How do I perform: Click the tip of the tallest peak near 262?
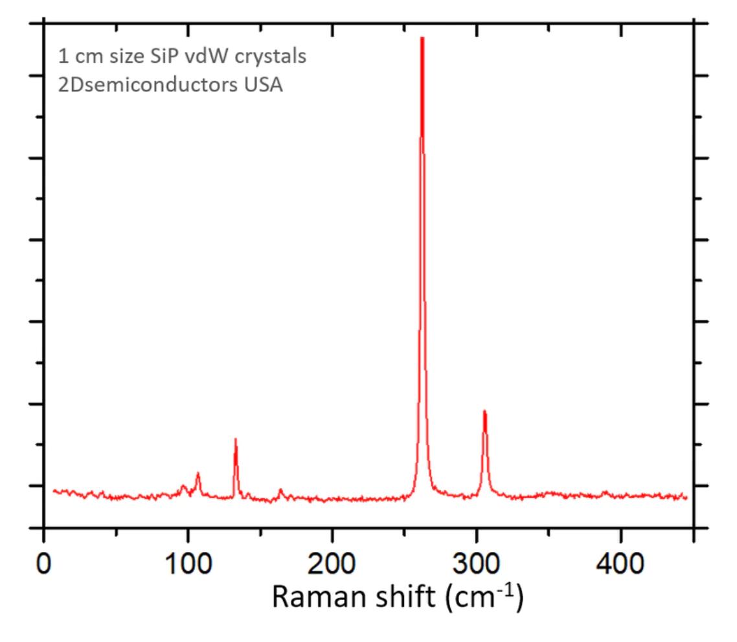(422, 38)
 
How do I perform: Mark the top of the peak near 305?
(484, 411)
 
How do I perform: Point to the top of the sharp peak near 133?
(236, 439)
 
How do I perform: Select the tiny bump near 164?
(280, 490)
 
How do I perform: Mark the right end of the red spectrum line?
(686, 497)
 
